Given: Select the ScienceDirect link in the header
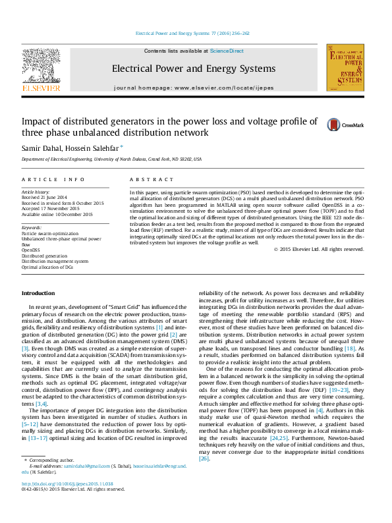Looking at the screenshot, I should (227, 51).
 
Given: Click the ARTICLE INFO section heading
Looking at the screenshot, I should (53, 179).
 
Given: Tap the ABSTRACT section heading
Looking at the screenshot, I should (146, 179).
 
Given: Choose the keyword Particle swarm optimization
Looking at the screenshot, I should (48, 233).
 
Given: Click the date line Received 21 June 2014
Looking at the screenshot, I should (44, 198).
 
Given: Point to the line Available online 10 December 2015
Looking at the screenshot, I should (57, 215).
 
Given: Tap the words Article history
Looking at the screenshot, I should (35, 192).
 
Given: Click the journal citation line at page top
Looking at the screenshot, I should (192, 33).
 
